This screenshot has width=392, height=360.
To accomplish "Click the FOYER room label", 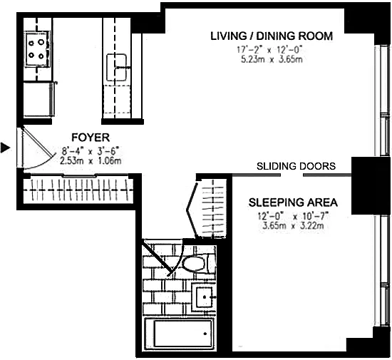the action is (x=91, y=138).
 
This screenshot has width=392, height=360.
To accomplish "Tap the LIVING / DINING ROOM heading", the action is (x=272, y=36).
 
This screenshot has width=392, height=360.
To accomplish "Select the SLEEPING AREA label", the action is (x=293, y=202).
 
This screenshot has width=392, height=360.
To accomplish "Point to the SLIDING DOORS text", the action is (x=296, y=166).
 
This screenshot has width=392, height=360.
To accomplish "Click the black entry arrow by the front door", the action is (x=5, y=148).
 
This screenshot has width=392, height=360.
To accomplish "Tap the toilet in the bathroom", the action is (x=197, y=264).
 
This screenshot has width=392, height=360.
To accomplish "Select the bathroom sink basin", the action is (x=205, y=297).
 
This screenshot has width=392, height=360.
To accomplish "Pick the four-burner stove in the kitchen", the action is (x=37, y=49).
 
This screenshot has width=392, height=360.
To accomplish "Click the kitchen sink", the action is (x=116, y=67).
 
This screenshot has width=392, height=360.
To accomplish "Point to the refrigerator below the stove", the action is (x=39, y=99).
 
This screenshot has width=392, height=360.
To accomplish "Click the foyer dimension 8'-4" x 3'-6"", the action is (x=91, y=151).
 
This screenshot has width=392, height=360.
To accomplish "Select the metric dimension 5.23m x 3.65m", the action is (x=272, y=60).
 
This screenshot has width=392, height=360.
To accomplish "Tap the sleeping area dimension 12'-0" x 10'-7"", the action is (x=293, y=216).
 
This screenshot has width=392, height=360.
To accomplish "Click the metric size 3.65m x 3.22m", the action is (x=293, y=226).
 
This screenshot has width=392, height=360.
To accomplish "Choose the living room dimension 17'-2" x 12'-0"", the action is (x=270, y=50).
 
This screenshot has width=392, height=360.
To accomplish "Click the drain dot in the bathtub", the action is (x=205, y=334).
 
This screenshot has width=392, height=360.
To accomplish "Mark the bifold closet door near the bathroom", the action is (x=192, y=210).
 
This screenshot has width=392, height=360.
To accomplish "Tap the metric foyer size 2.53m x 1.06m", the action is (x=91, y=160).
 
